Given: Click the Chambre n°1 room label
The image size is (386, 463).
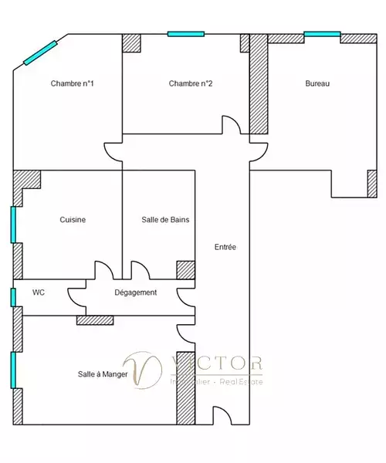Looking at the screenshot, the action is point(72,83).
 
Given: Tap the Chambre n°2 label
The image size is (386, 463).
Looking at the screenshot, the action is point(191,83).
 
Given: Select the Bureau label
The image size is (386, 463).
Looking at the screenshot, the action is point(317,83).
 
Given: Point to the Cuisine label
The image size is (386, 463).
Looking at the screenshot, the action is point(73,220).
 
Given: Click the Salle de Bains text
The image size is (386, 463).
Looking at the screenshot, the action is point(165,220).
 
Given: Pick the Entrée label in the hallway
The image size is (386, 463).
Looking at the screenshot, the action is point(225,247).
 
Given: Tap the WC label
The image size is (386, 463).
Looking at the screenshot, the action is point(39,292).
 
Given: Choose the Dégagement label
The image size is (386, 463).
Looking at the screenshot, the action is point(136,292).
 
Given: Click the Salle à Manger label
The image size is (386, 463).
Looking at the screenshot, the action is point(103,374).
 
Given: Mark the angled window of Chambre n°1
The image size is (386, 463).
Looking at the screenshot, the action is point(40,52).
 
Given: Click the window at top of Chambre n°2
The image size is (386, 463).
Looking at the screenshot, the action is point(186,34).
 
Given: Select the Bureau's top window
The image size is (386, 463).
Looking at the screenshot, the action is point(322,34).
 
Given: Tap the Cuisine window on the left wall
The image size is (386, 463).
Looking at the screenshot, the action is point(13,225).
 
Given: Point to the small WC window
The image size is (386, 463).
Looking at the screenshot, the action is point(13,297).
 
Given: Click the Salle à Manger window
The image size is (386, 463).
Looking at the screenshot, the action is point(13,370).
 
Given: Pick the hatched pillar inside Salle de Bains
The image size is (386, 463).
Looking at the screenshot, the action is point(185,270).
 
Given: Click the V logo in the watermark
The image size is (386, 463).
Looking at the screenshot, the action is point(142,370).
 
